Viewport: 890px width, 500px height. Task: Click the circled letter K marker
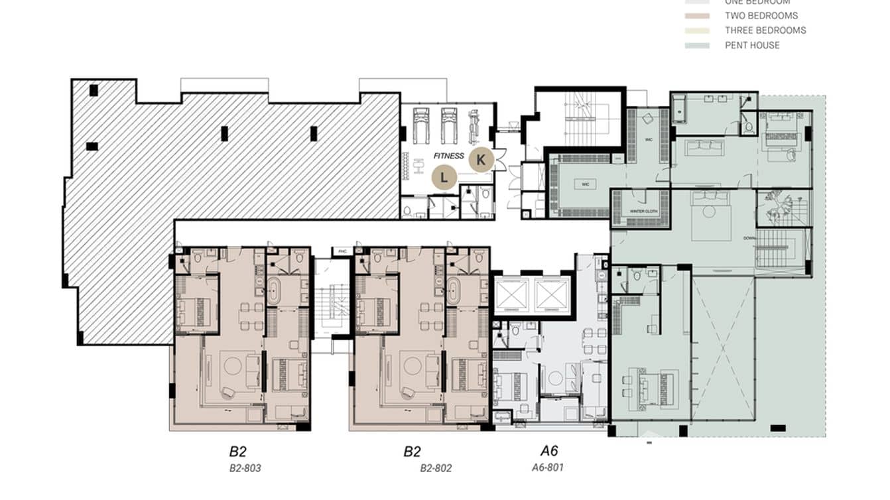[481, 160]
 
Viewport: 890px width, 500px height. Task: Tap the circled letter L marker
[444, 177]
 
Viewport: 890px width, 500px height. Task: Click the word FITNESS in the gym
[450, 156]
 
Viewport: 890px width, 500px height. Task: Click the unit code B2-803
[245, 468]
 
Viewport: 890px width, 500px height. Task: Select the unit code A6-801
[548, 467]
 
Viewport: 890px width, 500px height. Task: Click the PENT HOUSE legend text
[751, 45]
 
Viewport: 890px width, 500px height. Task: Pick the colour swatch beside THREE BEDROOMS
[697, 31]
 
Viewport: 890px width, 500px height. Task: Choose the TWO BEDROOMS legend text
[761, 15]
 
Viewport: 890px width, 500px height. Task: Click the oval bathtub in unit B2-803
[274, 290]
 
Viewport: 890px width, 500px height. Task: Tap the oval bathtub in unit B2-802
[453, 290]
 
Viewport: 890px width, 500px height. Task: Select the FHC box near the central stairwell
[342, 251]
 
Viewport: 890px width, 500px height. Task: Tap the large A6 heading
[548, 452]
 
